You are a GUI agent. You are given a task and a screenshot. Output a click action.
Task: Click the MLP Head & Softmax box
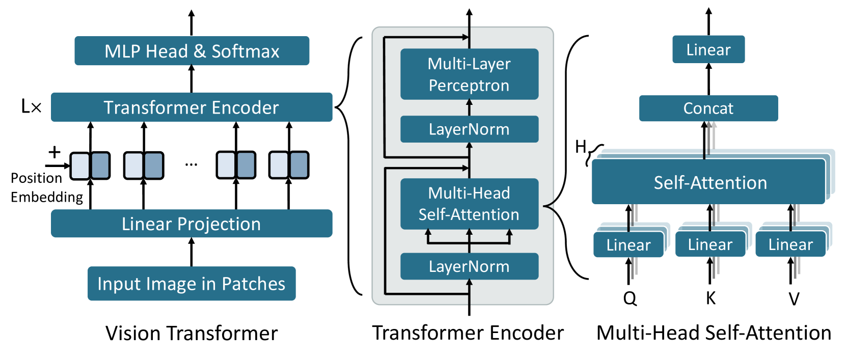pyautogui.click(x=192, y=51)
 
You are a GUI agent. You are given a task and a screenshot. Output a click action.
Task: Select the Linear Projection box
pyautogui.click(x=192, y=224)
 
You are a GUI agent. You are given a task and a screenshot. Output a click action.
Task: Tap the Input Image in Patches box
pyautogui.click(x=192, y=284)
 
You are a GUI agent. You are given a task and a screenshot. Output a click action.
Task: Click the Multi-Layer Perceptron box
pyautogui.click(x=469, y=74)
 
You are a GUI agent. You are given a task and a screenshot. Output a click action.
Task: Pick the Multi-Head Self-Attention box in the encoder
pyautogui.click(x=469, y=204)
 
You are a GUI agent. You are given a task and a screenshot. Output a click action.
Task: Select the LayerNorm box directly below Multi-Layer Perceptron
pyautogui.click(x=469, y=129)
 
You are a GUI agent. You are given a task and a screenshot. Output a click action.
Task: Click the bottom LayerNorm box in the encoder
pyautogui.click(x=469, y=266)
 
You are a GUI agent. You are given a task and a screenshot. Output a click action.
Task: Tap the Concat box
pyautogui.click(x=708, y=108)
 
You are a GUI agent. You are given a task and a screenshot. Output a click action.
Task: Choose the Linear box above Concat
pyautogui.click(x=708, y=49)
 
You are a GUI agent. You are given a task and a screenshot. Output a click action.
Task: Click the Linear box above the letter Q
pyautogui.click(x=629, y=245)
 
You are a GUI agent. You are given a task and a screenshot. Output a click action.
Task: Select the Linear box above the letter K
pyautogui.click(x=710, y=244)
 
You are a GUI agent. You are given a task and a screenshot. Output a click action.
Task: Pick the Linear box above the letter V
pyautogui.click(x=790, y=244)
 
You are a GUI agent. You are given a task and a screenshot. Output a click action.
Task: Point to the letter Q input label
pyautogui.click(x=630, y=298)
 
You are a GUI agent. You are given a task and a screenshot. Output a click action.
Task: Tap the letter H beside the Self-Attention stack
pyautogui.click(x=581, y=147)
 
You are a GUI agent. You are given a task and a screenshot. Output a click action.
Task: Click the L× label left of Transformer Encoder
pyautogui.click(x=31, y=107)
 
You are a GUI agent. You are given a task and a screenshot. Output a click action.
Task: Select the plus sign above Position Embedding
pyautogui.click(x=54, y=152)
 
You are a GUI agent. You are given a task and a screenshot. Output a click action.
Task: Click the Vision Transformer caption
pyautogui.click(x=192, y=334)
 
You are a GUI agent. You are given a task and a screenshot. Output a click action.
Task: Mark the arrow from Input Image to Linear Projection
pyautogui.click(x=192, y=252)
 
